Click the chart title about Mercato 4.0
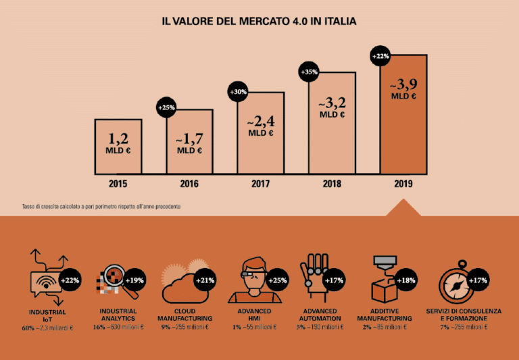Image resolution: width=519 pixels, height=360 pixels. (259, 22)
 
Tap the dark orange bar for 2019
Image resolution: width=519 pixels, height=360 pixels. (403, 115)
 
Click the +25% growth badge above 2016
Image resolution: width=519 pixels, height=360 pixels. (167, 107)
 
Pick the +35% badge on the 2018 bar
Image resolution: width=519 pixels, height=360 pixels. (308, 72)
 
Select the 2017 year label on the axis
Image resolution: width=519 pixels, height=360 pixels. (260, 184)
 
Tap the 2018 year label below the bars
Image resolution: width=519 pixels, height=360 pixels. (331, 184)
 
